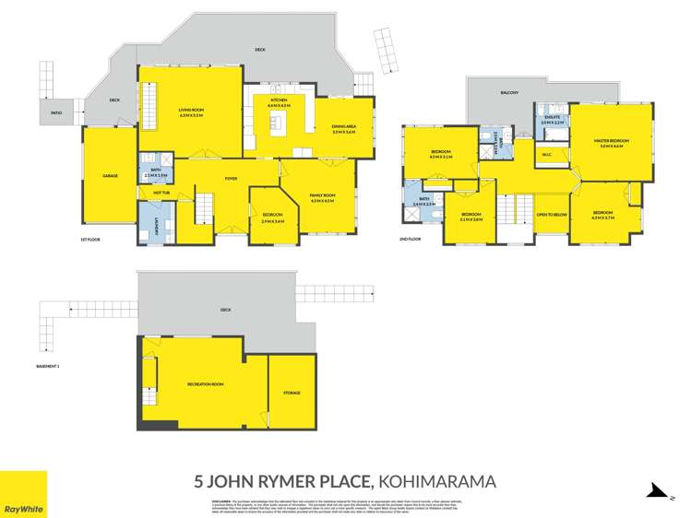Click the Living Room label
click(191, 112)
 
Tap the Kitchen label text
click(280, 101)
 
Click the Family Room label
click(322, 197)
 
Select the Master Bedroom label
click(611, 142)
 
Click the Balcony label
click(510, 92)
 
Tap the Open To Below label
click(551, 216)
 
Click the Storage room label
click(291, 393)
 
